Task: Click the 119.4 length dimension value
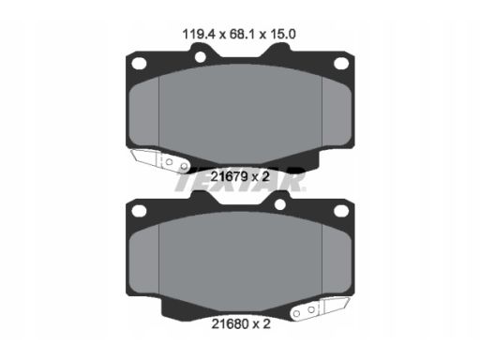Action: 199,34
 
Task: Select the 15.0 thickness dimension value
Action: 283,34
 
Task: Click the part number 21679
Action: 230,177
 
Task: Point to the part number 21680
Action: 231,324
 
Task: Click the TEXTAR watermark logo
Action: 240,181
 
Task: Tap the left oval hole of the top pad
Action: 139,64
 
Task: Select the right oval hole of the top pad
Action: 341,64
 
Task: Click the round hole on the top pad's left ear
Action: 201,57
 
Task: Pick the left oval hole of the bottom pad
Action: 139,211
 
